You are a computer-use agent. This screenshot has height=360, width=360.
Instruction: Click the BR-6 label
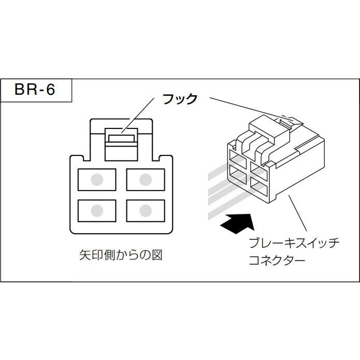click(35, 89)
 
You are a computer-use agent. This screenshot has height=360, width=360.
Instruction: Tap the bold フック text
click(180, 99)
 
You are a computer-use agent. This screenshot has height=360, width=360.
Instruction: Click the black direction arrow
click(238, 223)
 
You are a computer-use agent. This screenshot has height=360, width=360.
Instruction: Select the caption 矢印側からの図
click(121, 255)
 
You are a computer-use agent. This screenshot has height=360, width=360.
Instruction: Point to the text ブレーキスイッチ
click(294, 243)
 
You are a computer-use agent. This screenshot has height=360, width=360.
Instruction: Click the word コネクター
click(277, 260)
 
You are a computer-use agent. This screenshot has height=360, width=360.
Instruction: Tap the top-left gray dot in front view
click(97, 180)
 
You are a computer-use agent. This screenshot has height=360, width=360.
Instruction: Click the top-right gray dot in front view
click(146, 180)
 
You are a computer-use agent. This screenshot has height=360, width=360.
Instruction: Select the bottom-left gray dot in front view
click(97, 210)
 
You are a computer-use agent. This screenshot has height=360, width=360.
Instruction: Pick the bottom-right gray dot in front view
click(146, 210)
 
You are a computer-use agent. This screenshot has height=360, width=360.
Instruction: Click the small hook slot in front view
click(121, 138)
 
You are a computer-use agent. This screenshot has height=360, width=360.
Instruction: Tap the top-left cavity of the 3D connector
click(237, 158)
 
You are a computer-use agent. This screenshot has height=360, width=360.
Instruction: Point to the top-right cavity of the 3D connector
click(258, 169)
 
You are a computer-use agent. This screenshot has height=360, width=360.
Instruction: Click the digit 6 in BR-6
click(51, 89)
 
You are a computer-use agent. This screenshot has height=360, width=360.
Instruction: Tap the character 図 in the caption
click(157, 255)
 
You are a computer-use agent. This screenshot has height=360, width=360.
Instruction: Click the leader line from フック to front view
click(138, 116)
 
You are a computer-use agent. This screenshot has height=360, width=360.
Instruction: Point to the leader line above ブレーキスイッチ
click(297, 213)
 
